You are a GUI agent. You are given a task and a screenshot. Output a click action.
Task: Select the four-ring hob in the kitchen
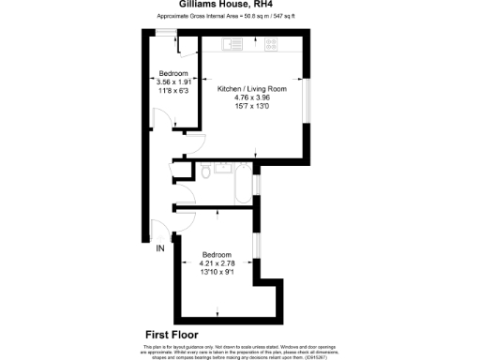[x=271, y=43]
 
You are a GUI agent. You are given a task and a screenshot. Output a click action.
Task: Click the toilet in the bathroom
[x=204, y=172]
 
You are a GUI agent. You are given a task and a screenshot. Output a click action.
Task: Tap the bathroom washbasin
[x=224, y=169]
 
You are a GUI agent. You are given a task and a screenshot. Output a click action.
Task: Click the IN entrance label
[x=159, y=248]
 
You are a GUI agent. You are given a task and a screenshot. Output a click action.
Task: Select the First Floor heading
[x=175, y=335]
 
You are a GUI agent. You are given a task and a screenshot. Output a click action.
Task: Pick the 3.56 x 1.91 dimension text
[x=173, y=82]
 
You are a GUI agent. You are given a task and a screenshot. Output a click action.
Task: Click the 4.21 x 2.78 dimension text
[x=217, y=262]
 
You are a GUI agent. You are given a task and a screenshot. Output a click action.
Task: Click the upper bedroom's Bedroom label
[x=173, y=73]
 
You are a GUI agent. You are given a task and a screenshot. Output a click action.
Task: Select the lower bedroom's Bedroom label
[x=217, y=254]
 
